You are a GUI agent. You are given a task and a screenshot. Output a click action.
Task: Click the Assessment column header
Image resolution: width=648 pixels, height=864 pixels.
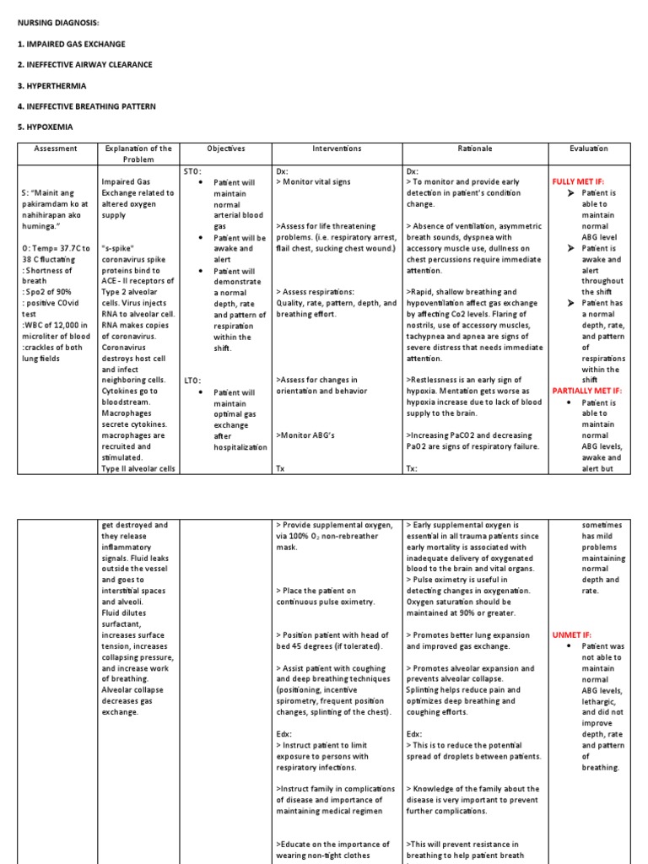(x=56, y=148)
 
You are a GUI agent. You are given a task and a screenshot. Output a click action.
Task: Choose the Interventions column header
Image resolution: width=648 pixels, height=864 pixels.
(x=337, y=148)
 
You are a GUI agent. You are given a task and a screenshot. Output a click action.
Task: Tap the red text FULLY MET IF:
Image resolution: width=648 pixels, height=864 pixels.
(x=578, y=181)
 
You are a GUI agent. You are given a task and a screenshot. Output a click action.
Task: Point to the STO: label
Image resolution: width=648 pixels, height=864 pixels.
(x=194, y=170)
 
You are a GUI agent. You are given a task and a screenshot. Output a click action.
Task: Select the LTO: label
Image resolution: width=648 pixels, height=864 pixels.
(x=194, y=381)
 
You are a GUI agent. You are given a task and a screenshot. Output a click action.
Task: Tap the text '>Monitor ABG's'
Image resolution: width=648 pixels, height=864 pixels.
(x=308, y=435)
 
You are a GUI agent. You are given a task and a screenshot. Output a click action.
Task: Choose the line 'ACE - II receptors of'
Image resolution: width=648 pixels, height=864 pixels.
(x=138, y=281)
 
